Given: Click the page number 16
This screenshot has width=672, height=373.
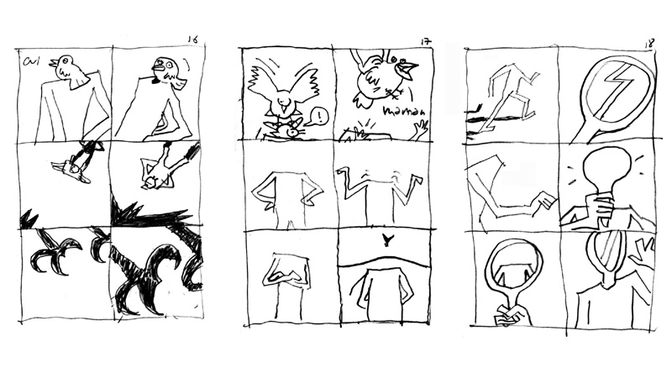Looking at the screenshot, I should pos(192,39).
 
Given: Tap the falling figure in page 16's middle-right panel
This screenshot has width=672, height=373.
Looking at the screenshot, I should pos(160,172).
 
